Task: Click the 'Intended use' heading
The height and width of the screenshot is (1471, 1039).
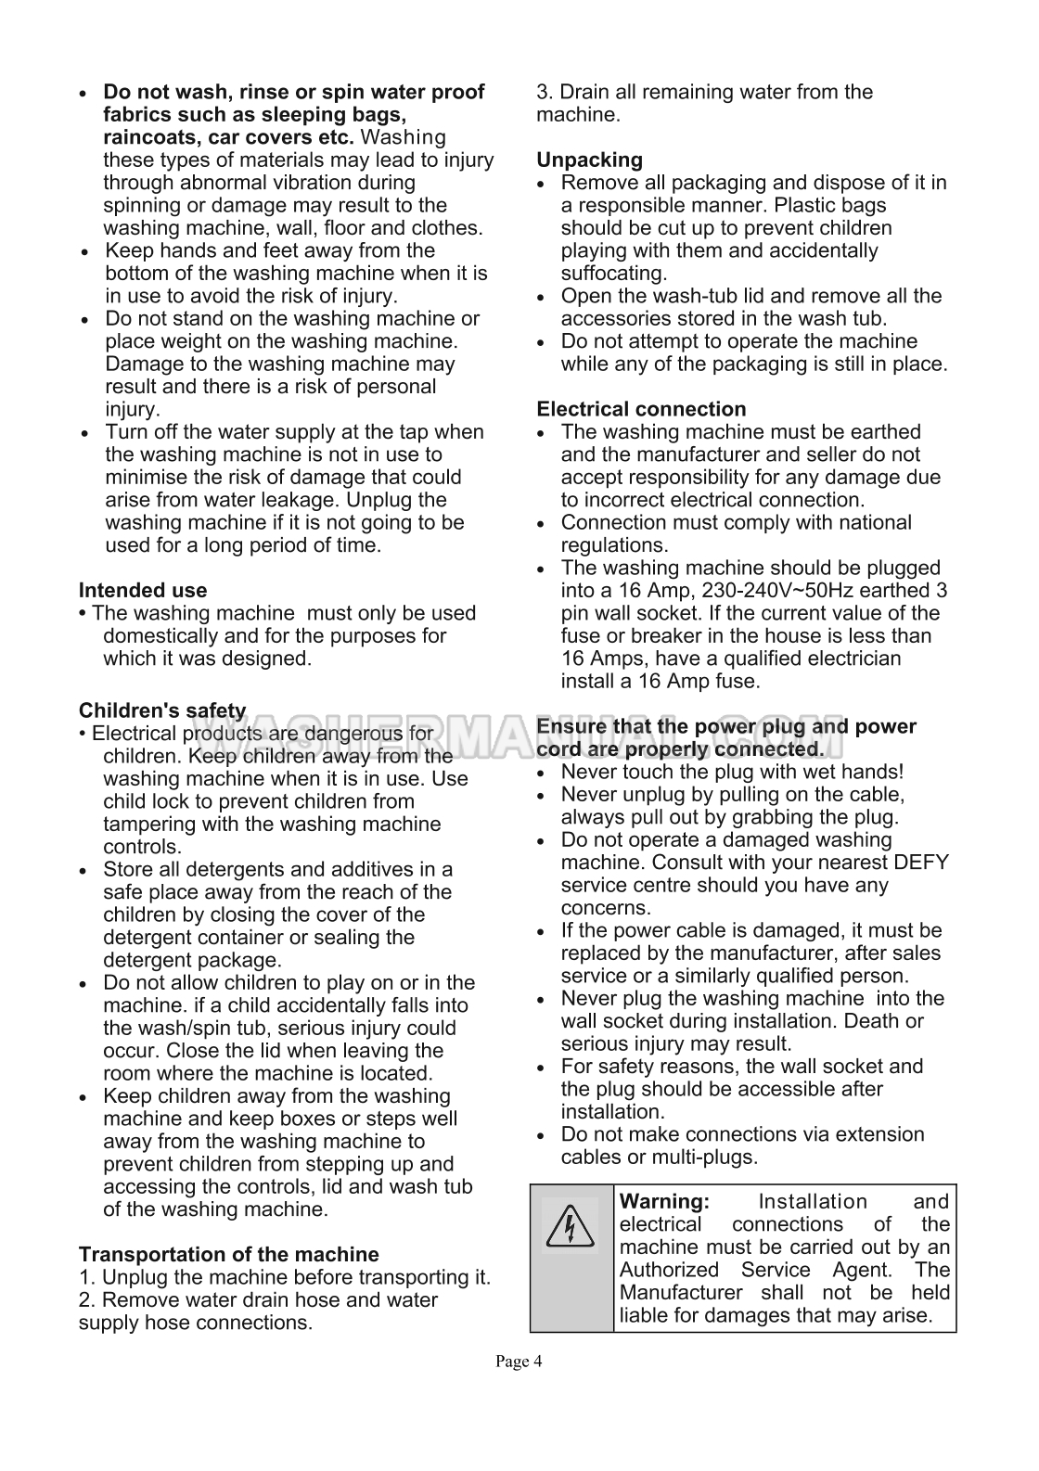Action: click(x=143, y=591)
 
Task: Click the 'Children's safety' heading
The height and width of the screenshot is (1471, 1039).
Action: click(x=162, y=711)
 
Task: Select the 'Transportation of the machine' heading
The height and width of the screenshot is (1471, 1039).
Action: click(x=228, y=1255)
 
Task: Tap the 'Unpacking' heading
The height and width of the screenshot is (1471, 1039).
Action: click(x=589, y=160)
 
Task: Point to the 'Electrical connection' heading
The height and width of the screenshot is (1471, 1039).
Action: click(x=641, y=409)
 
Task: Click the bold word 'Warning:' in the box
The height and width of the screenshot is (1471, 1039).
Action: click(x=664, y=1202)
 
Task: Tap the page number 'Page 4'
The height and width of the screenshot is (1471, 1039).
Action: click(x=519, y=1362)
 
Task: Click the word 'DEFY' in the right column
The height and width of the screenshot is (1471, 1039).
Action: click(x=921, y=863)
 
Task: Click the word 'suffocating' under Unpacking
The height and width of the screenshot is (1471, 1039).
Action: click(x=612, y=274)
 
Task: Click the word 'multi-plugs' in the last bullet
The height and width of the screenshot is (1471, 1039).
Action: click(x=699, y=1158)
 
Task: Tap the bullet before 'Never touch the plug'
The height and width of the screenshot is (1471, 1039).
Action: click(x=545, y=774)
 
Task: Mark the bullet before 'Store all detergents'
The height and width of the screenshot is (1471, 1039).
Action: click(x=85, y=872)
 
